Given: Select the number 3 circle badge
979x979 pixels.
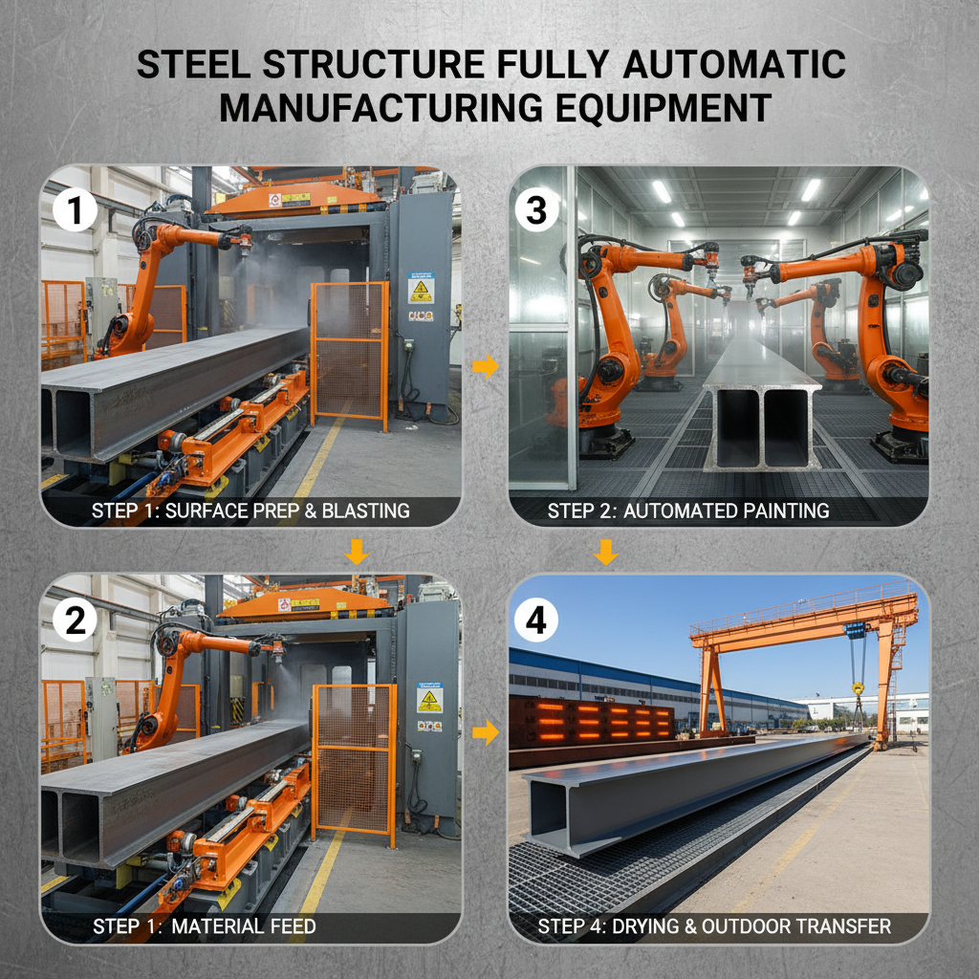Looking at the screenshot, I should [x=536, y=211].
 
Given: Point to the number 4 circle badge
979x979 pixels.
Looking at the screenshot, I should [x=536, y=622].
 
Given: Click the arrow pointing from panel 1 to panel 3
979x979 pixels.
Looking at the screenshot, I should [x=486, y=367].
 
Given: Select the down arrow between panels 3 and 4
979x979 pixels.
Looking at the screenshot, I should [x=605, y=552].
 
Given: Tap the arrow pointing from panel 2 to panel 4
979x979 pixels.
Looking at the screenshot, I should [x=486, y=733].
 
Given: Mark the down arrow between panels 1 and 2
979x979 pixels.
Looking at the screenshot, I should [x=357, y=552].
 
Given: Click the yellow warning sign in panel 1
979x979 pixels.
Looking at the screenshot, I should [x=421, y=289].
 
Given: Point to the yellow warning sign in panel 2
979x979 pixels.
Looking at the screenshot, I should [x=429, y=698].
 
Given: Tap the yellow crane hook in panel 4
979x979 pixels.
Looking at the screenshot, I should [x=858, y=688].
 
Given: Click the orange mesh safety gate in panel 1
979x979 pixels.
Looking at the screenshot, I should [x=350, y=352].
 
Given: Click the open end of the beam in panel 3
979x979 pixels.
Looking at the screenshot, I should [x=762, y=427].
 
